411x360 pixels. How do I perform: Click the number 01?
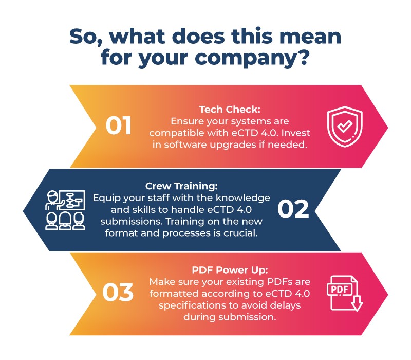click(x=119, y=126)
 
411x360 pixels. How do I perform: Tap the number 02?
click(x=293, y=210)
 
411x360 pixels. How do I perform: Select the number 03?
click(x=118, y=293)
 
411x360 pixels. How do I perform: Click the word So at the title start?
click(x=83, y=36)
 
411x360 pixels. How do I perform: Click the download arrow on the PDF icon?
click(x=356, y=304)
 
